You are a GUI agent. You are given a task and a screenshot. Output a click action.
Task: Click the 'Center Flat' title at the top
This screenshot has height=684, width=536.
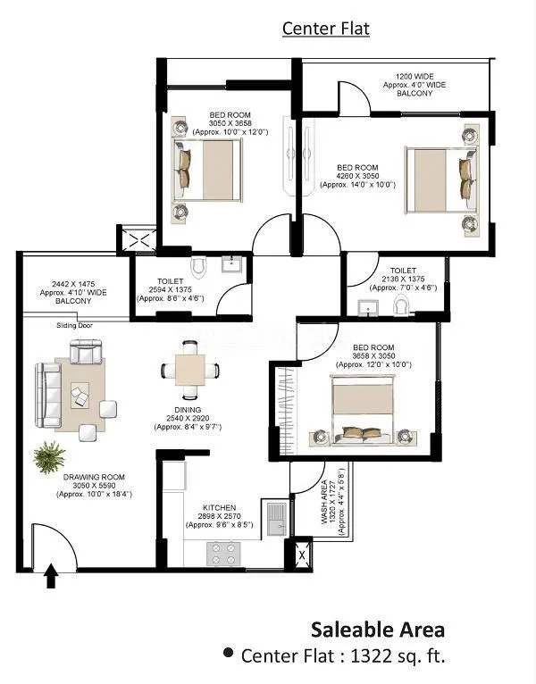coord(325,29)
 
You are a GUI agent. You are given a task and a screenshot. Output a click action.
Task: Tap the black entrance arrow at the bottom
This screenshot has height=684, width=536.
coord(51,576)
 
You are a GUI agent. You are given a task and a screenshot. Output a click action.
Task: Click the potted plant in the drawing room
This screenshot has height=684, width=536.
coord(49,457)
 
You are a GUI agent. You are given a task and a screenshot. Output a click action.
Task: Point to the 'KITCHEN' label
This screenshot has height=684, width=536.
coord(219,507)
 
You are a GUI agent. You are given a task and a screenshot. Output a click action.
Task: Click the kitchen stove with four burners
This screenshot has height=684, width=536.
coord(225,554)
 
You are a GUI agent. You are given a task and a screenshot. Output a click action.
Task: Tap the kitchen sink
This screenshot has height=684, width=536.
coord(274,517)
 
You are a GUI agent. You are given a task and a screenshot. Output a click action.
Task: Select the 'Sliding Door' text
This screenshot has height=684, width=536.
coord(74,326)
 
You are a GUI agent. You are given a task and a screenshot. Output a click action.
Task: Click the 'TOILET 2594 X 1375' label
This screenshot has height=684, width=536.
coord(170,288)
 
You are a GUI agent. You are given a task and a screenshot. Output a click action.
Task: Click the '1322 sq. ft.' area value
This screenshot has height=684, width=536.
coord(397,656)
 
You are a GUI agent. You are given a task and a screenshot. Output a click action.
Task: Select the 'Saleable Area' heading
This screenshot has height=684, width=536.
coord(377,630)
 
